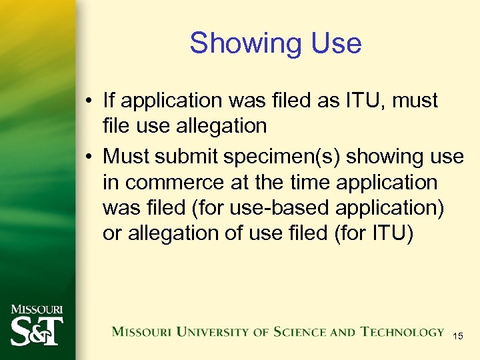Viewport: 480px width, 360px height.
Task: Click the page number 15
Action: click(x=458, y=337)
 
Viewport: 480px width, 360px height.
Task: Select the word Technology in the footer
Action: click(x=402, y=332)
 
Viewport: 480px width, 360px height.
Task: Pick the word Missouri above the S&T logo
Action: click(x=36, y=310)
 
